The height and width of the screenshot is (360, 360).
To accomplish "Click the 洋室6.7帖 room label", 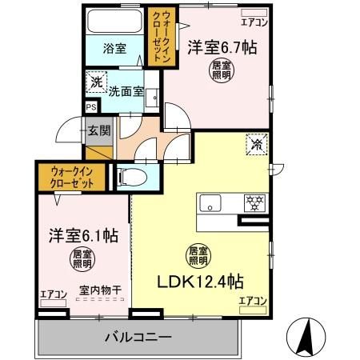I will (222, 47).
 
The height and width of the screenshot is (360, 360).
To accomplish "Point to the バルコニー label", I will (138, 337).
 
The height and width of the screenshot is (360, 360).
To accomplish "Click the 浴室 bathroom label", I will (114, 48).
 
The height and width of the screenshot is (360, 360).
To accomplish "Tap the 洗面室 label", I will (126, 90).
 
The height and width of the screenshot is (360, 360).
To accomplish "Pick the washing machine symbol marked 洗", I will (96, 82).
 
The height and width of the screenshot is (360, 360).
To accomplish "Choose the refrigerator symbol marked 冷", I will (257, 145).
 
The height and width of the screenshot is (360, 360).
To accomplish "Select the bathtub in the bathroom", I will (114, 22).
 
